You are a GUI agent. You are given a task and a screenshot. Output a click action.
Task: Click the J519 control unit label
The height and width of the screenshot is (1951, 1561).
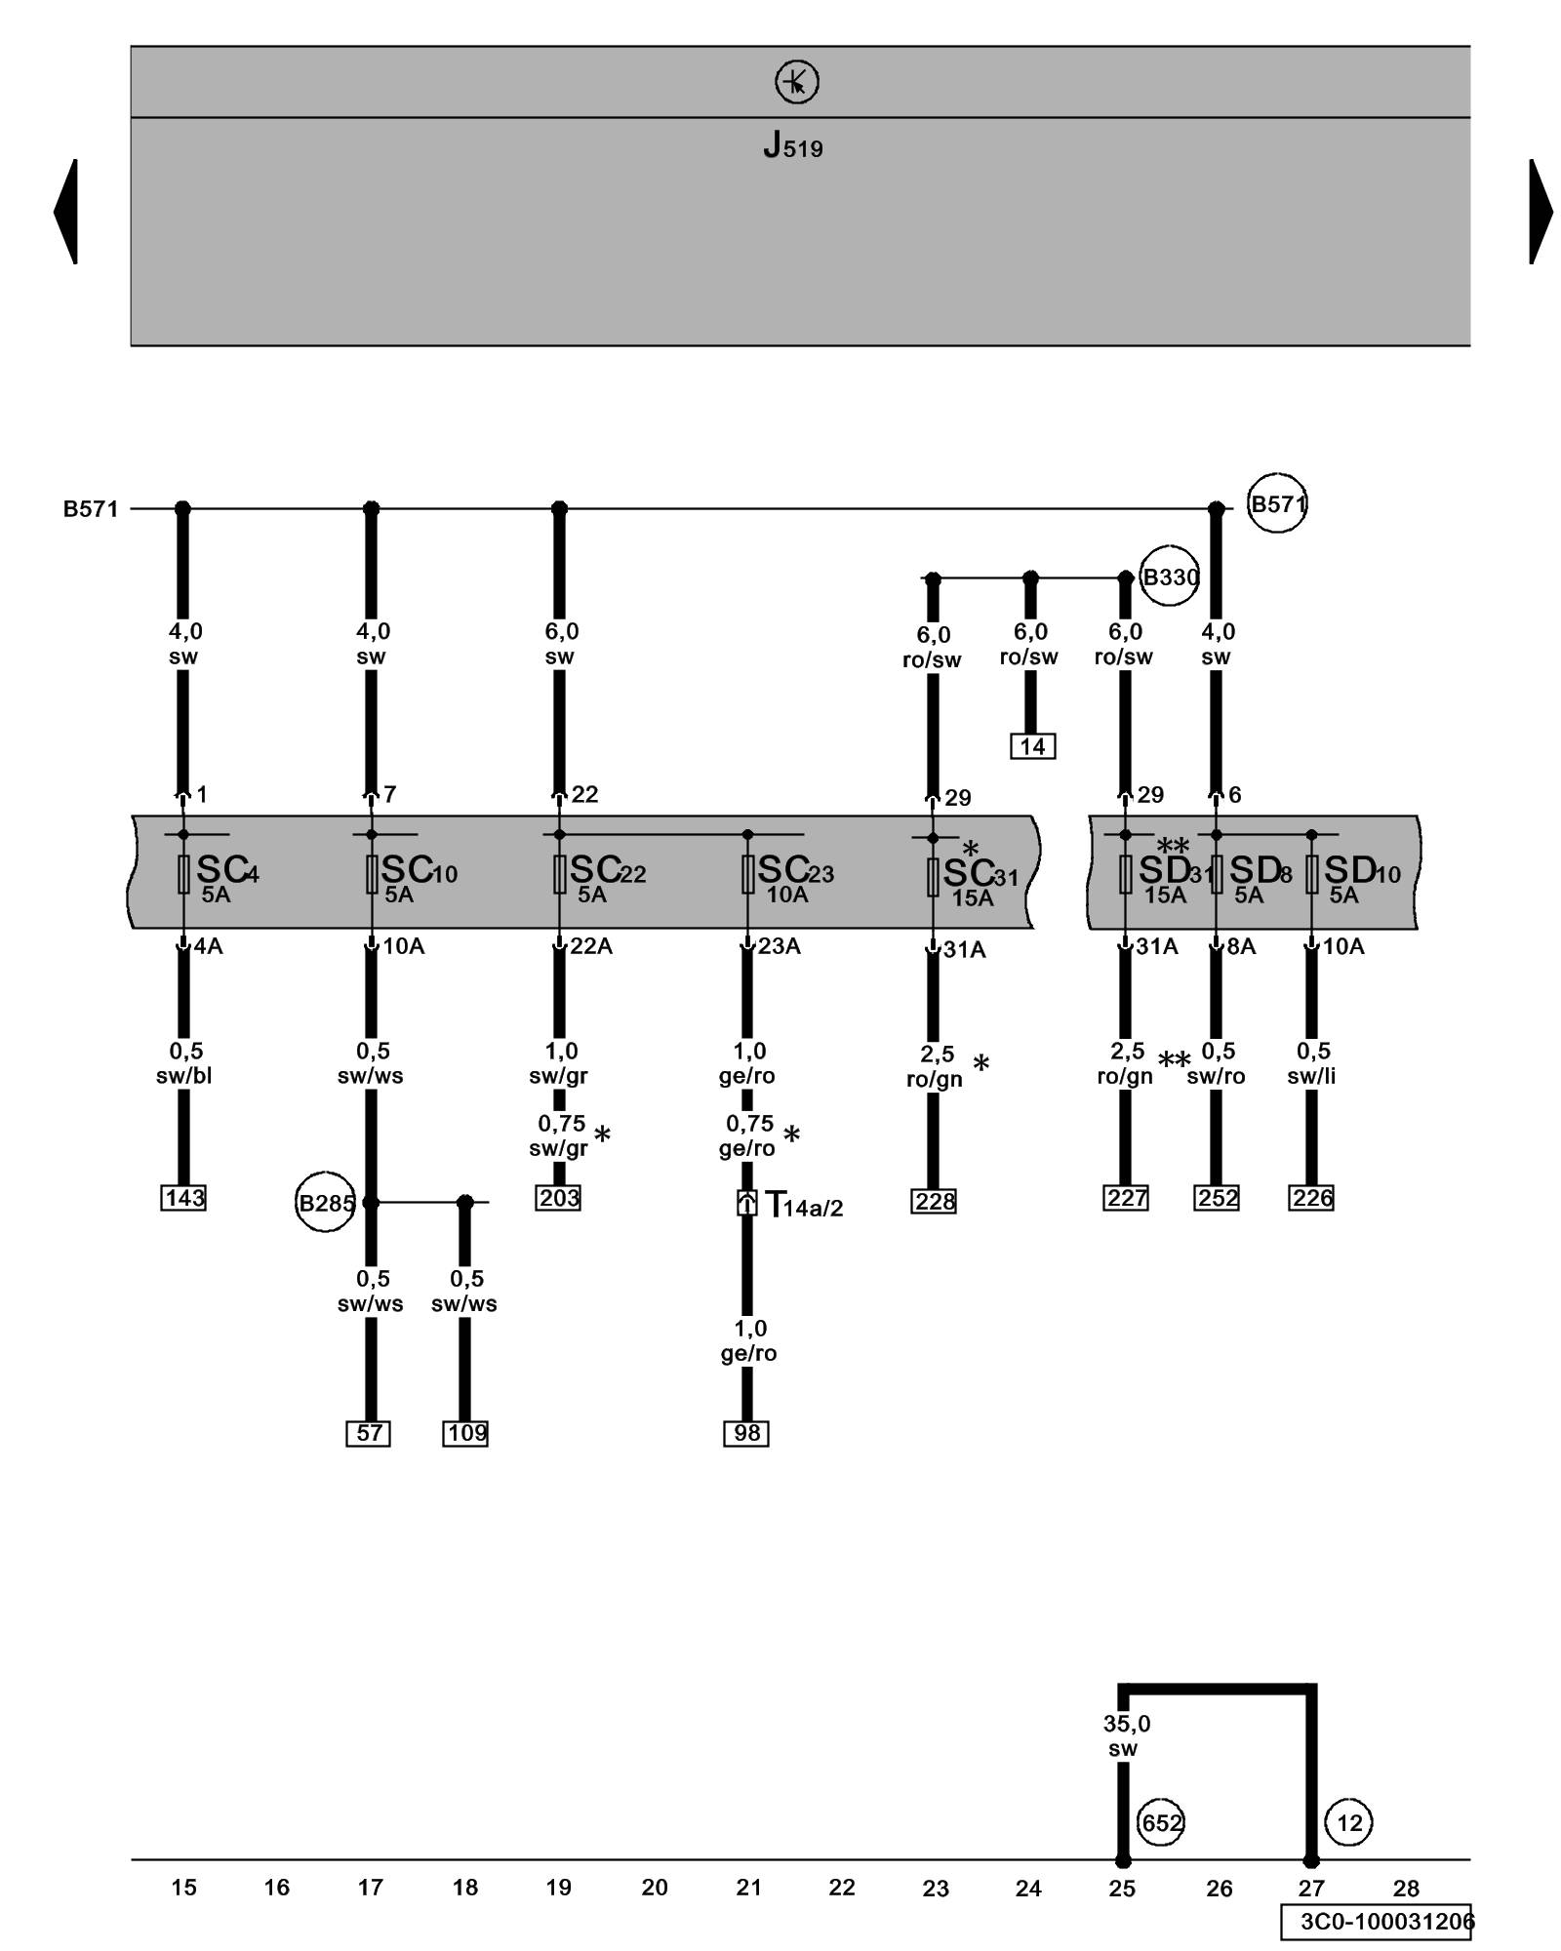pyautogui.click(x=792, y=146)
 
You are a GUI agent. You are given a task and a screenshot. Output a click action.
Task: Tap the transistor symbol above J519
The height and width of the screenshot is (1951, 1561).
pyautogui.click(x=796, y=82)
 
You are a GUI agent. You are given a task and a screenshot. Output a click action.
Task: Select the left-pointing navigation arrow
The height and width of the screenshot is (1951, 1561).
pyautogui.click(x=65, y=211)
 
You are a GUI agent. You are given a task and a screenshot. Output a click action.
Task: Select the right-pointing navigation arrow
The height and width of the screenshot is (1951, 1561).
pyautogui.click(x=1541, y=211)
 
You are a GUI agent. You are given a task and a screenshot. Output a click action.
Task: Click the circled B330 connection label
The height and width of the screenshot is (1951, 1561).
pyautogui.click(x=1169, y=577)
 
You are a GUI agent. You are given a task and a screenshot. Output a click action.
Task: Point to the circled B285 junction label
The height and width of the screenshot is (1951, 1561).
pyautogui.click(x=325, y=1203)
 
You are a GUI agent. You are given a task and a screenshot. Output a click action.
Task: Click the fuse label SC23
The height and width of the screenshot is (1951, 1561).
pyautogui.click(x=795, y=870)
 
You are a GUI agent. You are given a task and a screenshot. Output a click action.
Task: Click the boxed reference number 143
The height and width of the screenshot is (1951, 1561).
pyautogui.click(x=183, y=1198)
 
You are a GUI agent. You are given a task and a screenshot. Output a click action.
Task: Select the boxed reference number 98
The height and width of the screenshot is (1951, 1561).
pyautogui.click(x=746, y=1433)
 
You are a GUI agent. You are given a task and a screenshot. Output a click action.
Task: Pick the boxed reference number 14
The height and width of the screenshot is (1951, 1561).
pyautogui.click(x=1032, y=746)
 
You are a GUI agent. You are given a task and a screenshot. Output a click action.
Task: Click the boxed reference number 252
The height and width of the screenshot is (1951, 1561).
pyautogui.click(x=1217, y=1198)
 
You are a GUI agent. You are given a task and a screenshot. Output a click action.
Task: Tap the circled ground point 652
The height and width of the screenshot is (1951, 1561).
pyautogui.click(x=1161, y=1822)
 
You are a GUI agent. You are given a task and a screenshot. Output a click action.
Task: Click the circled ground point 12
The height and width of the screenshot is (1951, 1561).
pyautogui.click(x=1349, y=1822)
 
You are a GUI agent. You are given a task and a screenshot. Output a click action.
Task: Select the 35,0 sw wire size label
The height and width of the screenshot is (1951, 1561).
pyautogui.click(x=1126, y=1736)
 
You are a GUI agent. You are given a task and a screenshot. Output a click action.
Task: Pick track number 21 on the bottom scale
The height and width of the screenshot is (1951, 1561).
pyautogui.click(x=748, y=1888)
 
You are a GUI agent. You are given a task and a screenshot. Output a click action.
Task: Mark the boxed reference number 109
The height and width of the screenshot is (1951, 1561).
pyautogui.click(x=465, y=1433)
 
